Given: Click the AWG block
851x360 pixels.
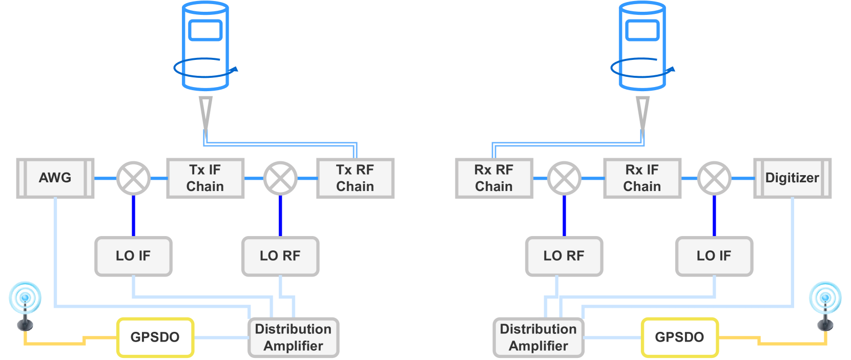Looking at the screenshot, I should coord(55,178).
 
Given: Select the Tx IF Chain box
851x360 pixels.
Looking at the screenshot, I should coord(205,178).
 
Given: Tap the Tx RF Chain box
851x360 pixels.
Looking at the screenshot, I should coord(355,178).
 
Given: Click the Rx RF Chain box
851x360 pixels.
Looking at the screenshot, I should coord(494,178).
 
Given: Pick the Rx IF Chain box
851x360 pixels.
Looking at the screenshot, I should coord(642,178).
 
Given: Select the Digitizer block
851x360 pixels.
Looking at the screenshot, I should coord(792,178).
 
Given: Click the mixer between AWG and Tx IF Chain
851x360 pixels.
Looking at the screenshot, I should coord(134,178).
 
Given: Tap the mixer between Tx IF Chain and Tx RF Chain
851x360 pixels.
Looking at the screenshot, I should coord(280,178).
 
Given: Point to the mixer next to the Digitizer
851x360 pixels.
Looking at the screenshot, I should coord(714,178).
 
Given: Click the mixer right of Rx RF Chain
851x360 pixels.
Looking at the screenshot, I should coord(564,178).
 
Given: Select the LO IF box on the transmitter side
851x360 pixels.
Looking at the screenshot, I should coord(133,256).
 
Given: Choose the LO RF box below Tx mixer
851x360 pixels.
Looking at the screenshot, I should coord(280,256).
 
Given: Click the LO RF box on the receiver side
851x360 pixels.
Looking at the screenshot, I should coord(564,256).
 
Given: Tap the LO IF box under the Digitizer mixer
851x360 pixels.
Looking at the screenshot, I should coord(714,256).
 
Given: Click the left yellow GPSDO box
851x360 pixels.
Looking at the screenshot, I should coord(155,337).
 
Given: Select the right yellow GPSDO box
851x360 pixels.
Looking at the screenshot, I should coord(679,337).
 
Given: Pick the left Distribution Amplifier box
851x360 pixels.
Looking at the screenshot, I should coord(293,337).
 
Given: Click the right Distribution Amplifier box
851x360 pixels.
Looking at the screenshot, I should coord(538,337).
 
